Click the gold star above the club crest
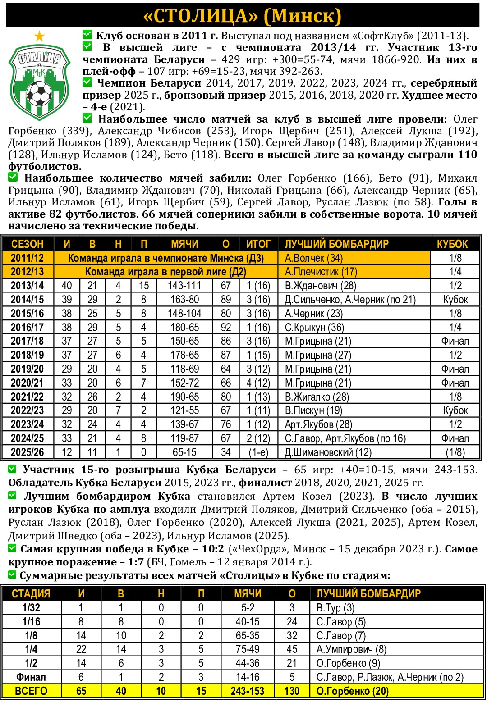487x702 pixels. pos(40,36)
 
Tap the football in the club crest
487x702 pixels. pos(39,93)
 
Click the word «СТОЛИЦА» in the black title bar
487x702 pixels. pos(201,16)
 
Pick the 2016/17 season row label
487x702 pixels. pos(28,328)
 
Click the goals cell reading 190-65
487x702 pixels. pos(184,397)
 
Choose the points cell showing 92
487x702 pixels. pos(226,328)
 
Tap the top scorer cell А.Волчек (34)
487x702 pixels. pos(314,258)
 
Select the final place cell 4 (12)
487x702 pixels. pos(258,383)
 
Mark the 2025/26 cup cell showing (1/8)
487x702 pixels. pos(455,452)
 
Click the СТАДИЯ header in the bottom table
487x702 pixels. pos(31,594)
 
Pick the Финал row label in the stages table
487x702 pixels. pos(31,677)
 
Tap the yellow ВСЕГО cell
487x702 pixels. pos(31,691)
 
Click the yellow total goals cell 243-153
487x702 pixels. pos(248,691)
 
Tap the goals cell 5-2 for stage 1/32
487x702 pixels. pos(248,608)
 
